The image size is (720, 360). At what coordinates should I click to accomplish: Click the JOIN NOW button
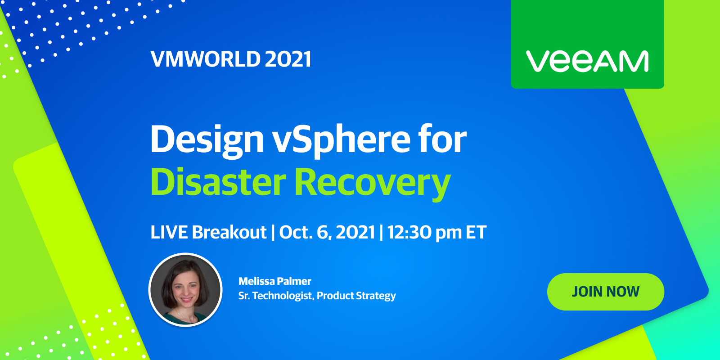[606, 292]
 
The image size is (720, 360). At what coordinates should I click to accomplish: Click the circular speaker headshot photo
[185, 290]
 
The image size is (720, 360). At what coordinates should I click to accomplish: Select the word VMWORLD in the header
[205, 59]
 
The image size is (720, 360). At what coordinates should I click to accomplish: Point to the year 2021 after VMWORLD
[288, 59]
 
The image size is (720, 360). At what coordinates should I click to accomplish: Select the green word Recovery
[373, 184]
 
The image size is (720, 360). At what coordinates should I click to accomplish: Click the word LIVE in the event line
[169, 232]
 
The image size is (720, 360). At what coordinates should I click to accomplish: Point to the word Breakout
[229, 232]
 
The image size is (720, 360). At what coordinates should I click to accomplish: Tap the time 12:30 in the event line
[409, 232]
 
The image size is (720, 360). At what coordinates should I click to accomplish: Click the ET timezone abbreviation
[476, 232]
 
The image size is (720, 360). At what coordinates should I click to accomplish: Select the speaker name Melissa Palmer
[275, 281]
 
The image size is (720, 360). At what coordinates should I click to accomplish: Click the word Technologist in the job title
[283, 296]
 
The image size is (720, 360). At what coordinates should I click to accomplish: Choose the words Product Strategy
[356, 296]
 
